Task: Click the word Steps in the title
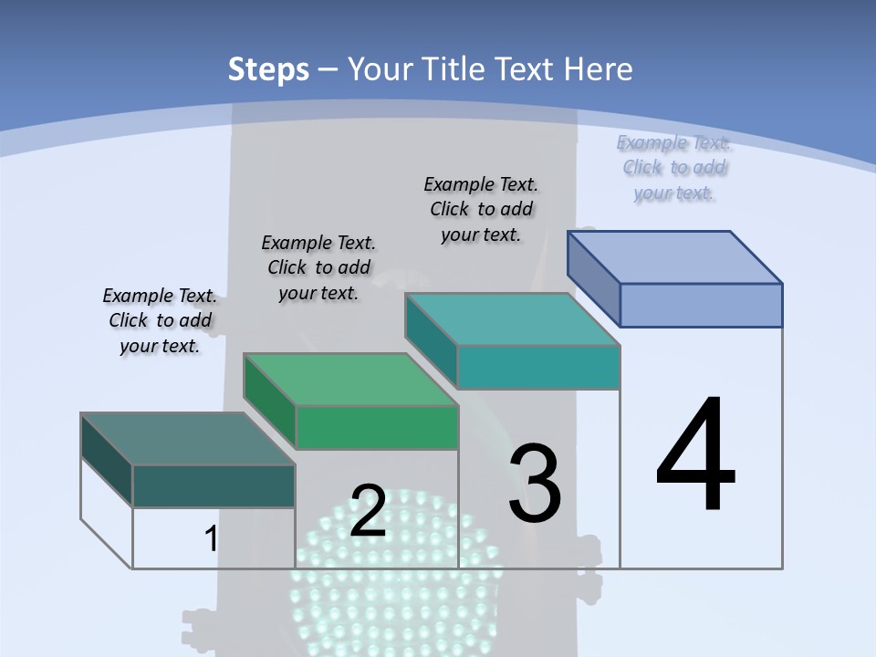tap(267, 69)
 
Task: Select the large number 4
tap(695, 456)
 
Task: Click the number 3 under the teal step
tap(535, 483)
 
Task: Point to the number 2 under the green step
tap(369, 511)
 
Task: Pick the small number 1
tap(212, 538)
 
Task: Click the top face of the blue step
tap(675, 256)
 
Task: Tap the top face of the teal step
tap(513, 318)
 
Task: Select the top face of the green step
tap(350, 379)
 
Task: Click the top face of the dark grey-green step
tap(187, 438)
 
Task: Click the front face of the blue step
tap(701, 305)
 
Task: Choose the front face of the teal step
tap(538, 367)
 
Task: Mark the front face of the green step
tap(376, 427)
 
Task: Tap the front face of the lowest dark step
tap(214, 485)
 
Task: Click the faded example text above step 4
tap(673, 168)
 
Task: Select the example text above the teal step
tap(481, 209)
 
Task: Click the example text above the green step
tap(318, 267)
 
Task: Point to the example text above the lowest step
tap(160, 320)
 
